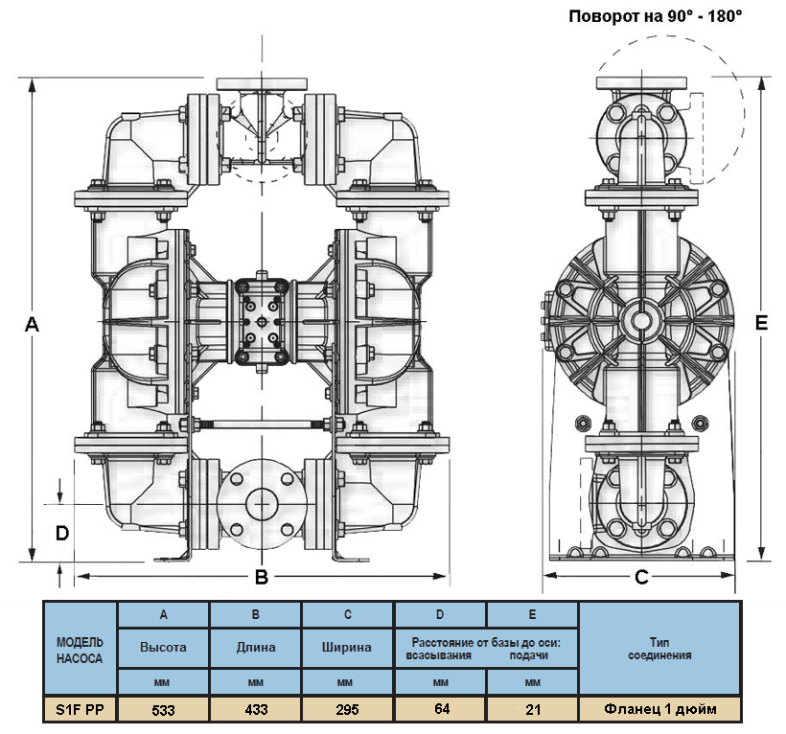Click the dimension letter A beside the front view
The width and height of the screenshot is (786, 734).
[32, 325]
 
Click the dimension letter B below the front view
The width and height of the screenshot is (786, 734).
[259, 577]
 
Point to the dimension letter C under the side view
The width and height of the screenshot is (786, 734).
[642, 577]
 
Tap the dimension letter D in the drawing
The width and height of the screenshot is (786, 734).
[60, 532]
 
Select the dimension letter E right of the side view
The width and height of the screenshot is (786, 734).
[761, 325]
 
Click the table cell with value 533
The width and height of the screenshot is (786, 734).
[163, 710]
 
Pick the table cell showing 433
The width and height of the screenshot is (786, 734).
[255, 710]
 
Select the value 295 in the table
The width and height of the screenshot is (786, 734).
[347, 710]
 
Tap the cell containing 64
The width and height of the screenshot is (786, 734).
[440, 710]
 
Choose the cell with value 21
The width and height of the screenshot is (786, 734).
[532, 710]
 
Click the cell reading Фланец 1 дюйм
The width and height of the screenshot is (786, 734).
[659, 710]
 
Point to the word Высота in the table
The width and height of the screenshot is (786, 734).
[163, 647]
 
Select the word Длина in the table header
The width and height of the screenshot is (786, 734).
[255, 647]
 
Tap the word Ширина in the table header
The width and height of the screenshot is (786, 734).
[347, 647]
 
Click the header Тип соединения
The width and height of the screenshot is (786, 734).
[659, 648]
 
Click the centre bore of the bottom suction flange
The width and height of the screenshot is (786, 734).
[260, 501]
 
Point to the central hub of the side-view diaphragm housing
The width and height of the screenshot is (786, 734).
[639, 317]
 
